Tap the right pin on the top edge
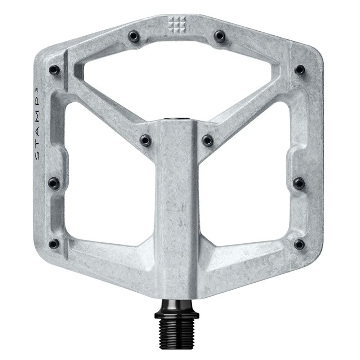coord(219,35)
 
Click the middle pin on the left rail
coord(54,182)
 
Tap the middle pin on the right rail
coord(300,182)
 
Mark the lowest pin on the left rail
coord(54,243)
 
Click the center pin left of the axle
coord(146,139)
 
